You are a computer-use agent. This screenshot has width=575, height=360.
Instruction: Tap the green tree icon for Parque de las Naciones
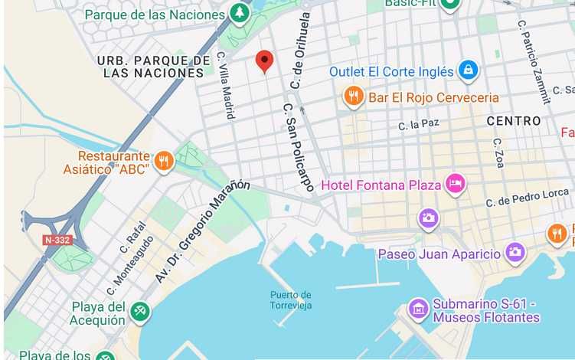pyautogui.click(x=240, y=13)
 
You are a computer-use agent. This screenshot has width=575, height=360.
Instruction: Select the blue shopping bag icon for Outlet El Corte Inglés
pyautogui.click(x=468, y=71)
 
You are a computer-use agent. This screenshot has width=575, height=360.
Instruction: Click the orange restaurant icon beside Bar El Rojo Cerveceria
pyautogui.click(x=353, y=96)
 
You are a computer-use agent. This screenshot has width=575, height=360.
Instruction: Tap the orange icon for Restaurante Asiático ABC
pyautogui.click(x=163, y=161)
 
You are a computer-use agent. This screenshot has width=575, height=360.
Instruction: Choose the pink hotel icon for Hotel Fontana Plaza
pyautogui.click(x=456, y=184)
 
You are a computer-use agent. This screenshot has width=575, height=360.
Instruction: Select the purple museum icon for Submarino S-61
pyautogui.click(x=418, y=309)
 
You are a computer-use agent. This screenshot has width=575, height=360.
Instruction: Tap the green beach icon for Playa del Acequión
pyautogui.click(x=140, y=312)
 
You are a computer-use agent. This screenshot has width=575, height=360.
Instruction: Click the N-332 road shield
pyautogui.click(x=57, y=240)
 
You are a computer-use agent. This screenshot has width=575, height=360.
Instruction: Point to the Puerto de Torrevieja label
pyautogui.click(x=291, y=299)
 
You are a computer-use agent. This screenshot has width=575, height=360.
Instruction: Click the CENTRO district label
pyautogui.click(x=514, y=121)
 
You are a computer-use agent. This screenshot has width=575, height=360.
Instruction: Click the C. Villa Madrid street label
pyautogui.click(x=226, y=85)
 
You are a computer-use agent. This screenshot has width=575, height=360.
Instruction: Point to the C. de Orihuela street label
pyautogui.click(x=299, y=50)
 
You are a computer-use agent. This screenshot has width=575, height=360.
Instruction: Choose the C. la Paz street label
pyautogui.click(x=419, y=124)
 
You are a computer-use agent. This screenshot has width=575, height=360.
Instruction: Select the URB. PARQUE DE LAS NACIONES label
pyautogui.click(x=154, y=67)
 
